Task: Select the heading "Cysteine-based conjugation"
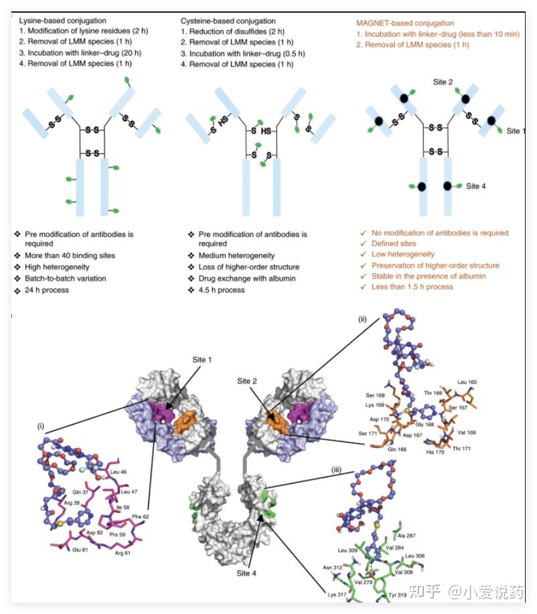(x=229, y=21)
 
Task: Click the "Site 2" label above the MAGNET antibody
(x=443, y=82)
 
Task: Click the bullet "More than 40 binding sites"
(x=70, y=255)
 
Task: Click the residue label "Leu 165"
(x=467, y=382)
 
